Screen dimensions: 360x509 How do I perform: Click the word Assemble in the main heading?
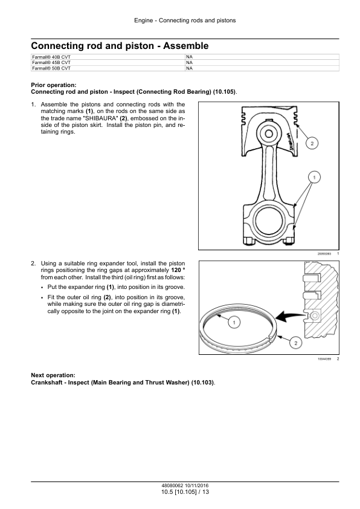coord(186,46)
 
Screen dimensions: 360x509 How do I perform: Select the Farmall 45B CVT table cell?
coord(108,62)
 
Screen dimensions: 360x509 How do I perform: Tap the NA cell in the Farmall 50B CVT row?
coord(262,68)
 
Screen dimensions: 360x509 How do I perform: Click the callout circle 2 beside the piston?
coord(312,143)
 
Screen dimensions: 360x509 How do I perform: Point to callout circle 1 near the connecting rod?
coord(314,177)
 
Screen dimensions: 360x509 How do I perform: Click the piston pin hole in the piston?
coord(269,134)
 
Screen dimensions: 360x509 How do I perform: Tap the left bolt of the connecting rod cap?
coord(249,241)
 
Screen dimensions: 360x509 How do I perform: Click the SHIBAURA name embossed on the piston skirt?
coord(291,141)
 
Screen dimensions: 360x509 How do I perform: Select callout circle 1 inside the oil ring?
coord(234,323)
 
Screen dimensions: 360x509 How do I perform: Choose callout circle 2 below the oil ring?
coord(295,343)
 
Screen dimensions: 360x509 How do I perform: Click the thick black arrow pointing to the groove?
coord(290,316)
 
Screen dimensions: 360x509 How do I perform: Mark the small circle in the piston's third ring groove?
coord(315,315)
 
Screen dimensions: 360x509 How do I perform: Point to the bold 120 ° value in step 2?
coord(178,270)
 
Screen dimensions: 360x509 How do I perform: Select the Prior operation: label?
coord(54,85)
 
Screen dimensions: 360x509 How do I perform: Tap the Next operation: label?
coord(53,375)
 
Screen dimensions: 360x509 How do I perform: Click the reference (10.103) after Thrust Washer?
coord(202,383)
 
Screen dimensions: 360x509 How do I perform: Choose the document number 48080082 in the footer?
coord(173,485)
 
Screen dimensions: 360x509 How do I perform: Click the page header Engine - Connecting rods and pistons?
coord(185,21)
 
